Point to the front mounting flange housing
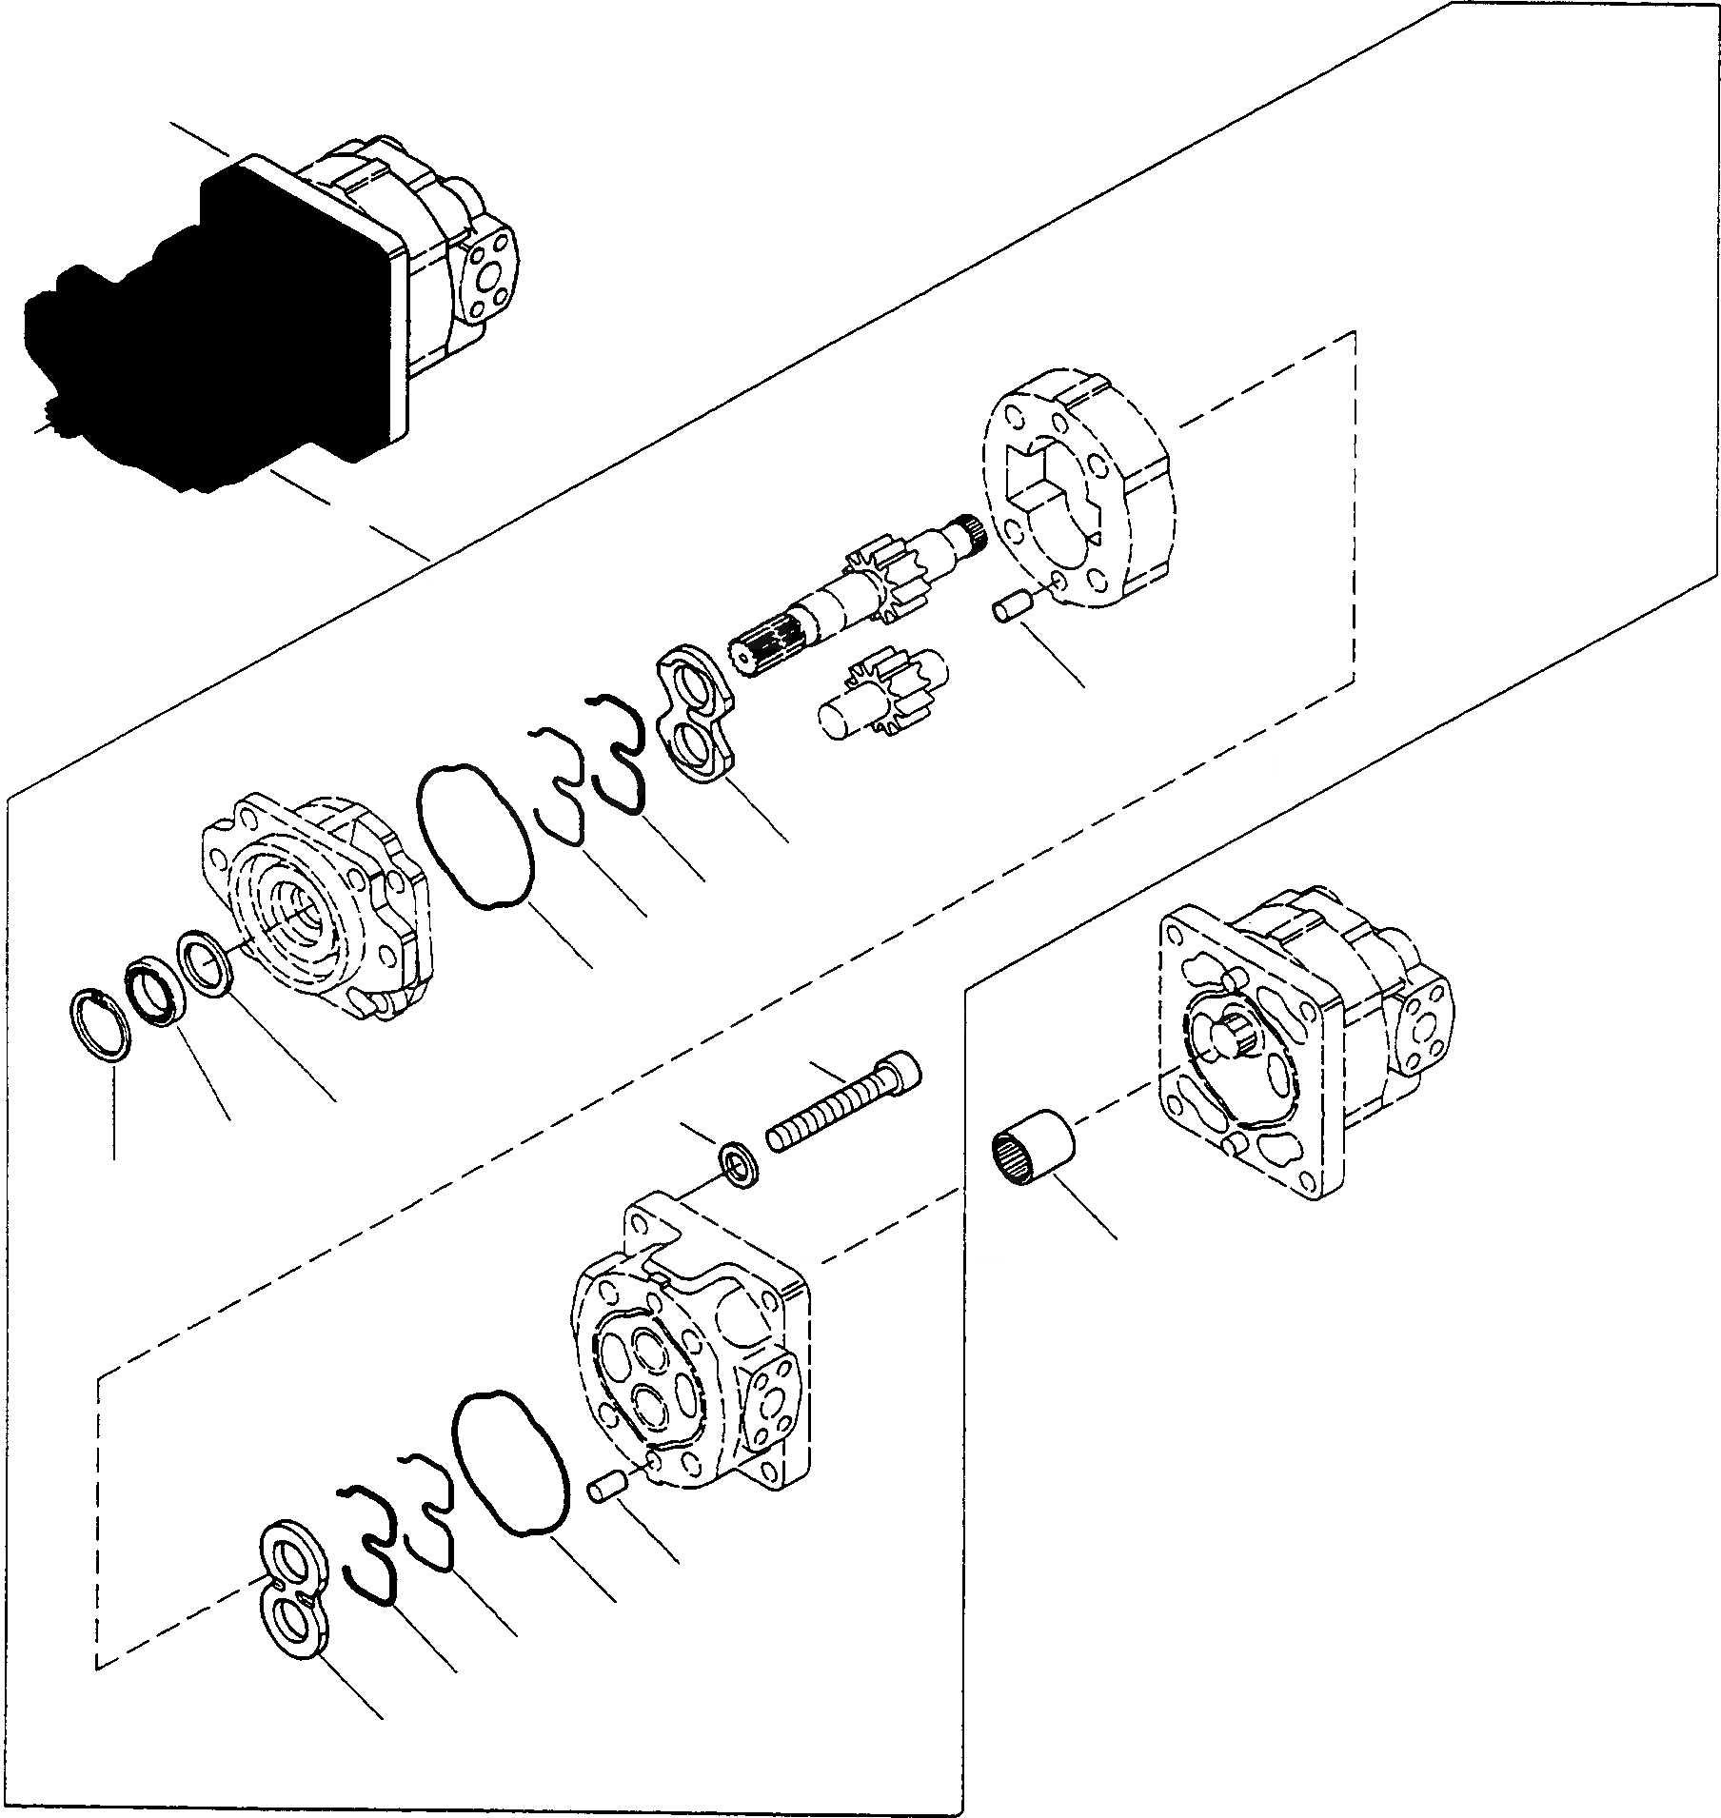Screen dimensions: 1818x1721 (319, 904)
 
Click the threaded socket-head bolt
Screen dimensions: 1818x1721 (838, 1106)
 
